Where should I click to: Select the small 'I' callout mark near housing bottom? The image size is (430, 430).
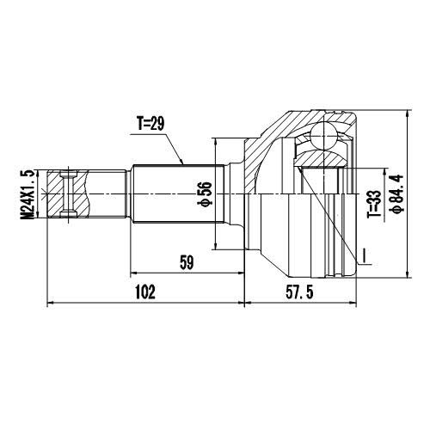(x=364, y=255)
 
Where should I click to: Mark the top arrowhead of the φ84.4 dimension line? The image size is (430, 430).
(x=406, y=112)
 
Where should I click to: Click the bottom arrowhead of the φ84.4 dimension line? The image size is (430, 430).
(x=406, y=276)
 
